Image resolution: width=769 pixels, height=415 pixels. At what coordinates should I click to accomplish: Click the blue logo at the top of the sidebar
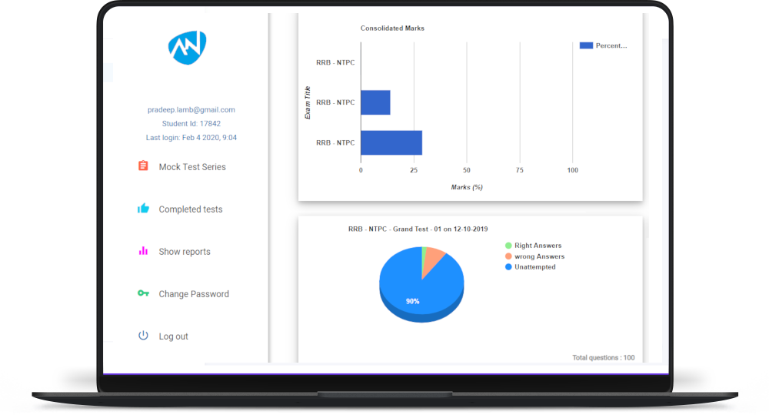[x=188, y=47]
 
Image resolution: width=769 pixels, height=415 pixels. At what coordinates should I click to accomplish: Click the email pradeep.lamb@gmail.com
[x=191, y=110]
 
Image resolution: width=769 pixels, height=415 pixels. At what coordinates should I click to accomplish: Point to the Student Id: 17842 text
[x=191, y=123]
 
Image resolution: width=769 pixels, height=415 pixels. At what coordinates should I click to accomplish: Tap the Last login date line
[x=191, y=137]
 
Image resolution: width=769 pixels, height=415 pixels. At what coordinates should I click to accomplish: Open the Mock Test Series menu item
[x=192, y=167]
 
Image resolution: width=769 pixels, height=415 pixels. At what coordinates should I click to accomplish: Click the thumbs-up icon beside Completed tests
[x=143, y=209]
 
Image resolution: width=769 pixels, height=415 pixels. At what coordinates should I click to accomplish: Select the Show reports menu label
[x=185, y=252]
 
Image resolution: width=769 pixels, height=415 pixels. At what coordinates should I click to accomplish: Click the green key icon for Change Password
[x=143, y=293]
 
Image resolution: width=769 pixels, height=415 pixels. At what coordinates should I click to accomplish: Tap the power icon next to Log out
[x=143, y=336]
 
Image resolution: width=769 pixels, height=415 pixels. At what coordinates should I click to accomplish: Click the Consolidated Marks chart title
[x=392, y=28]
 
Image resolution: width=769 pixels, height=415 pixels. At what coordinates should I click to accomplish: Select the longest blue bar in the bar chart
[x=391, y=142]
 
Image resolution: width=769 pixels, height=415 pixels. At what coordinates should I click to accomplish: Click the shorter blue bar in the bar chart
[x=375, y=102]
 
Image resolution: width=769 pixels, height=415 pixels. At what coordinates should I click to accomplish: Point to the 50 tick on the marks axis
[x=467, y=170]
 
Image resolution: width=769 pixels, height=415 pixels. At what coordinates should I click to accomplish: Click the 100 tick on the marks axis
[x=572, y=170]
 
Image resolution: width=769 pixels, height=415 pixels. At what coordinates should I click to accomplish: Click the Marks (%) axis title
[x=467, y=187]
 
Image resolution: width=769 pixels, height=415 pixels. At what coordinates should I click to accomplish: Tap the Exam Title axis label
[x=308, y=102]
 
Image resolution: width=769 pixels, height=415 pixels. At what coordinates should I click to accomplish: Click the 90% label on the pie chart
[x=413, y=301]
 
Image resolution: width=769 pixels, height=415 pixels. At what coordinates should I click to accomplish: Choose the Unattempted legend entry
[x=534, y=267]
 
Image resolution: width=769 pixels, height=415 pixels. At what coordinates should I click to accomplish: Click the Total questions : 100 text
[x=604, y=357]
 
